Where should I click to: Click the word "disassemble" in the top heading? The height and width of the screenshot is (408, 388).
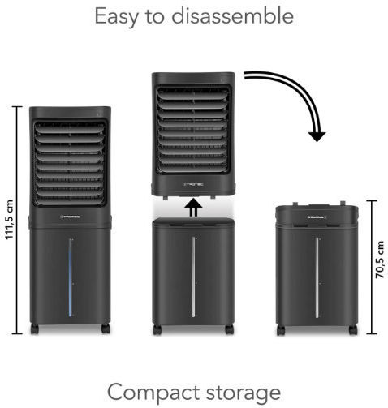tap(233, 16)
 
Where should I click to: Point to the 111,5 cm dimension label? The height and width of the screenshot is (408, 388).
tap(9, 220)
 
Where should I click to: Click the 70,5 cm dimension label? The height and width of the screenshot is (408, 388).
tap(379, 260)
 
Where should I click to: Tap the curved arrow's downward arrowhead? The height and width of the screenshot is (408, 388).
tap(317, 136)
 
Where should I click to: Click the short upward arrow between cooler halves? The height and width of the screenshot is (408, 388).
tap(193, 208)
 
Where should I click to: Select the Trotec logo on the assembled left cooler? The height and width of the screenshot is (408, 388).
tap(70, 217)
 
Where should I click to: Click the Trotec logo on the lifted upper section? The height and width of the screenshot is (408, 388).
tap(193, 184)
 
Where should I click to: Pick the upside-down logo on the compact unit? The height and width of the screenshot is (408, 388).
tap(317, 217)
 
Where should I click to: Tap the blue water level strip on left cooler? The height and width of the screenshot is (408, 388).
tap(71, 277)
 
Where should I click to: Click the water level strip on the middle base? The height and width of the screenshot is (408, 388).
tap(193, 277)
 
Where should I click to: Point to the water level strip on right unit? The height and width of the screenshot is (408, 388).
tap(317, 277)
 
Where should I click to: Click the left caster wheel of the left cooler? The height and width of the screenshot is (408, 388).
tap(35, 329)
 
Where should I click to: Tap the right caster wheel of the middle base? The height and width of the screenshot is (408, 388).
tap(229, 329)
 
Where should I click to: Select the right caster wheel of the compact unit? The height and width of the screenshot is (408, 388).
tap(353, 330)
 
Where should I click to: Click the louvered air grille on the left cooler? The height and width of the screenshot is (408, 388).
tap(70, 163)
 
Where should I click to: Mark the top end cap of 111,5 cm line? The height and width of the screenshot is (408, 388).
tap(17, 107)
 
